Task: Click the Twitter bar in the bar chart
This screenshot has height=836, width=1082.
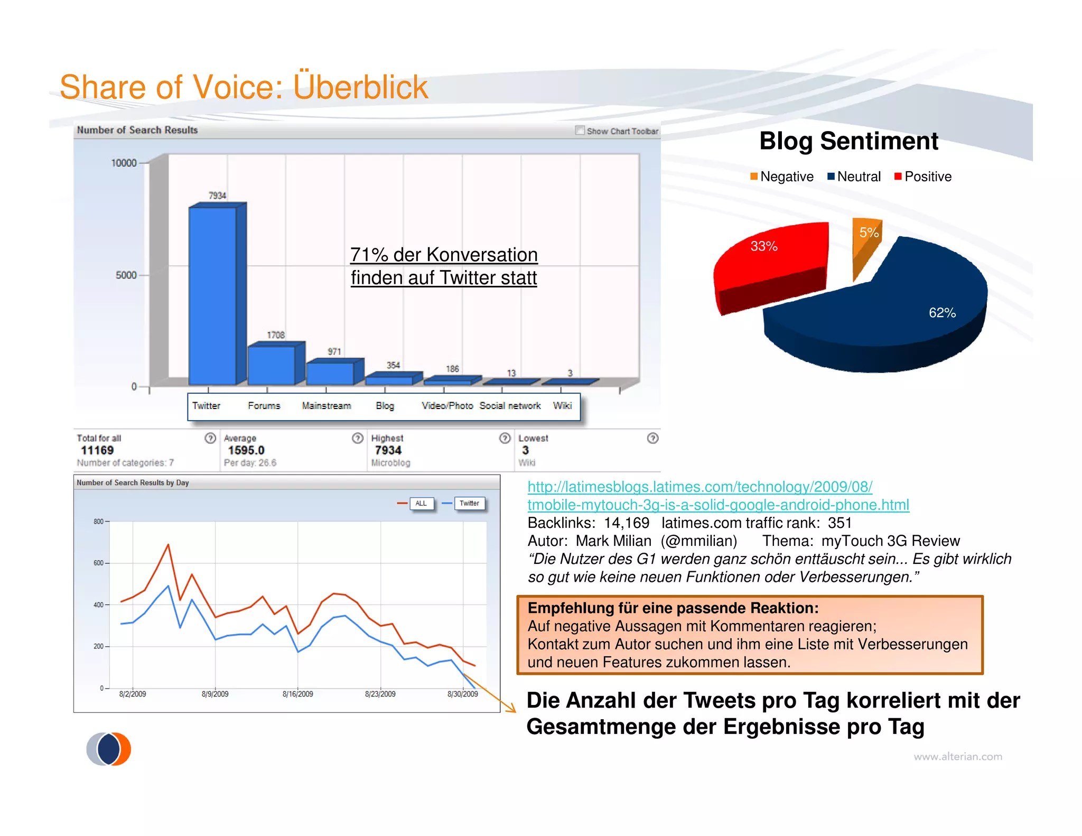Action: (212, 296)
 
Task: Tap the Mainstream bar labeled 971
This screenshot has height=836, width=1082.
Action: (330, 373)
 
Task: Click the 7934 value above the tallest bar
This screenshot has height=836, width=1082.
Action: (217, 196)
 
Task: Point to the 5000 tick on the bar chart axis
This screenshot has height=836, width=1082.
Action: (126, 275)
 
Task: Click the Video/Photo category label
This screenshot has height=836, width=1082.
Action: (447, 406)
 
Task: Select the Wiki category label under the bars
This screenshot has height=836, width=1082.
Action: (562, 406)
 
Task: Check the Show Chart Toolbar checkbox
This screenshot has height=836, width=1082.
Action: (580, 130)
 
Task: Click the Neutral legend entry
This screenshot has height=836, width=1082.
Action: (854, 177)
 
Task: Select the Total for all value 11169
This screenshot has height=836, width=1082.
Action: (97, 450)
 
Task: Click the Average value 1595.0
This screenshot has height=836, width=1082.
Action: (246, 450)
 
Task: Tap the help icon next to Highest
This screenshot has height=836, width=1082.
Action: (505, 438)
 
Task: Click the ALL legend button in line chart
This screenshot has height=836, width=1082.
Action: (421, 504)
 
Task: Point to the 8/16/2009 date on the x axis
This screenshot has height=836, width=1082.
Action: (297, 694)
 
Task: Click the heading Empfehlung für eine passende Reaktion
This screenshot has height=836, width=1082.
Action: (673, 608)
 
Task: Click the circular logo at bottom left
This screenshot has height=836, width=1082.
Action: (109, 749)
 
